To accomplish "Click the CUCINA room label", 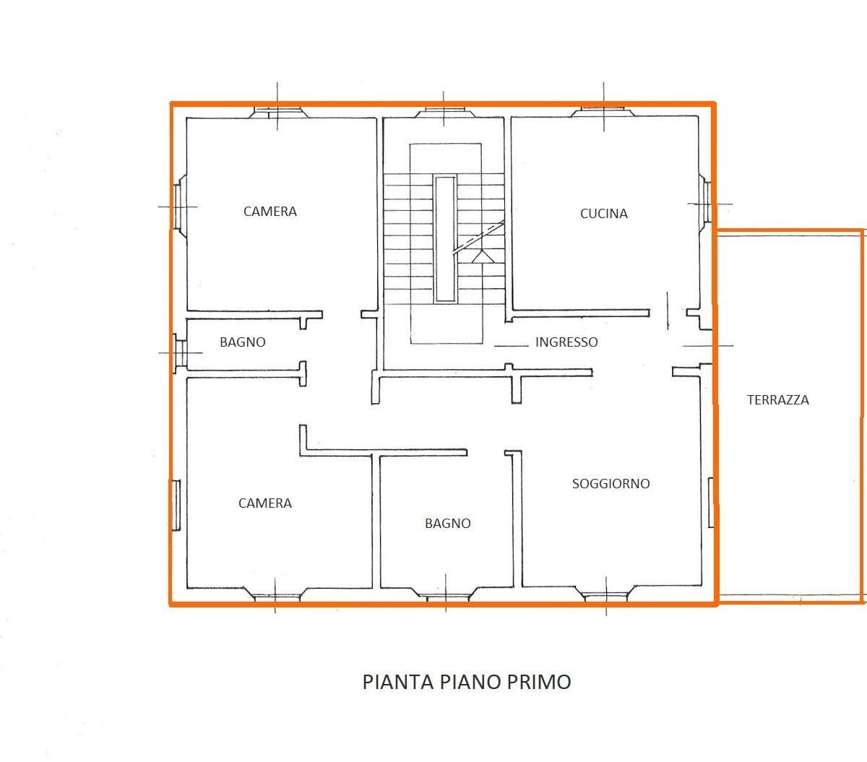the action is (603, 214).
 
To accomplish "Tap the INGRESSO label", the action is (566, 342).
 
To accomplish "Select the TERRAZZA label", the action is (777, 399).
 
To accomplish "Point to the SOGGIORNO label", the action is (611, 483).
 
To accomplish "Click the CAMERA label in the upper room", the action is (269, 212).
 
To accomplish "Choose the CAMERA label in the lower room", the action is (265, 503).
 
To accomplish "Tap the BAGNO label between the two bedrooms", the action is (242, 342).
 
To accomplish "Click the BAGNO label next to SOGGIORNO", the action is (448, 523).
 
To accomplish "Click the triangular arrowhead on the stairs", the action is (483, 256).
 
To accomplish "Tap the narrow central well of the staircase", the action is (445, 239).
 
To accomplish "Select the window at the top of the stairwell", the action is (444, 112).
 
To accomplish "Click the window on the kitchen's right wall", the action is (705, 204).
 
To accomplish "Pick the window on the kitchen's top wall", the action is (603, 112).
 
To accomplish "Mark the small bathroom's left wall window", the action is (180, 353).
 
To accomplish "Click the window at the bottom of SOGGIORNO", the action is (605, 594).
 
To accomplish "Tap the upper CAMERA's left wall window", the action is (179, 206).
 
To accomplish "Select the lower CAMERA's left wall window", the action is (176, 506).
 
